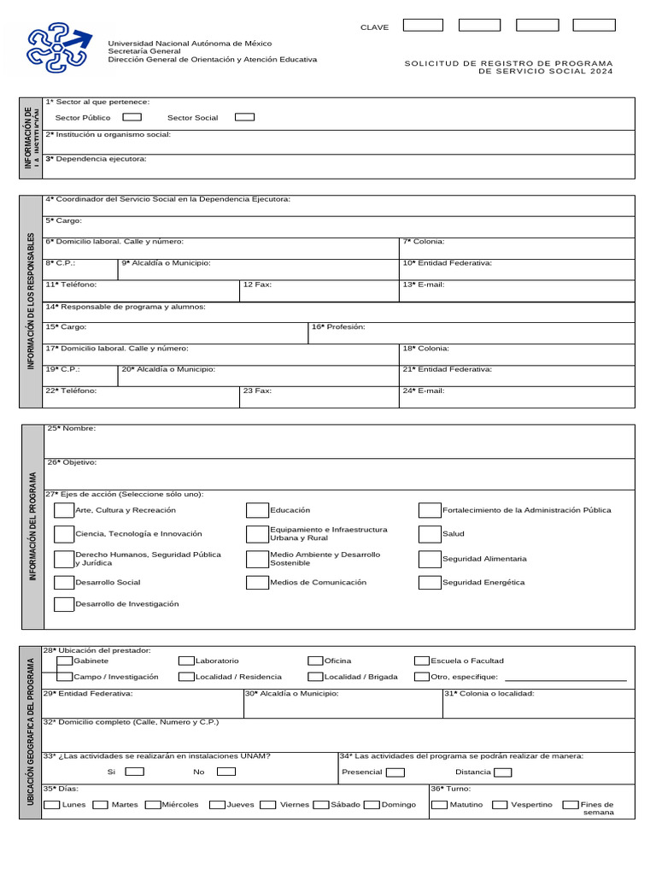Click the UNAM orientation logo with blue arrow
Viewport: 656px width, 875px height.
[x=59, y=47]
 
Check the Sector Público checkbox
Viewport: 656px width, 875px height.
[x=132, y=117]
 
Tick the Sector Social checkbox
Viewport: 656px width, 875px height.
[x=244, y=117]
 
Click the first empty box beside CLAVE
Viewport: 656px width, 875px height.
[x=423, y=26]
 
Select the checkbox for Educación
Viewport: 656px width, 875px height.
[x=257, y=511]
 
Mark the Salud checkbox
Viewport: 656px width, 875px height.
[x=430, y=534]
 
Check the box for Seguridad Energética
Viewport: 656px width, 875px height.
[x=430, y=583]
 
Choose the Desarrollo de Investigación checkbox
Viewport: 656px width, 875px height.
[x=64, y=604]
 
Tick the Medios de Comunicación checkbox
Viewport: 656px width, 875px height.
[x=257, y=583]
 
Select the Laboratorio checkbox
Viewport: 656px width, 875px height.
[x=186, y=661]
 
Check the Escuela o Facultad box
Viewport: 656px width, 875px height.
[x=422, y=661]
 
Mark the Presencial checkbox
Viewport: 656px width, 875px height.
[x=395, y=772]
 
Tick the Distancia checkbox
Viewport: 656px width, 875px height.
[x=503, y=772]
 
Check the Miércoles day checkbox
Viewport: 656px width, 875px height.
[x=153, y=805]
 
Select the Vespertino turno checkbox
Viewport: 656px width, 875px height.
[x=501, y=805]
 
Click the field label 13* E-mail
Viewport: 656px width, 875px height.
[x=424, y=285]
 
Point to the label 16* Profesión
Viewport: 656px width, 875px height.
[x=338, y=327]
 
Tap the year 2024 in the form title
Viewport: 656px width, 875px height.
[x=601, y=72]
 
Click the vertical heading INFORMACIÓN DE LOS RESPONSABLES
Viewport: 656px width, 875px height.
[x=32, y=301]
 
